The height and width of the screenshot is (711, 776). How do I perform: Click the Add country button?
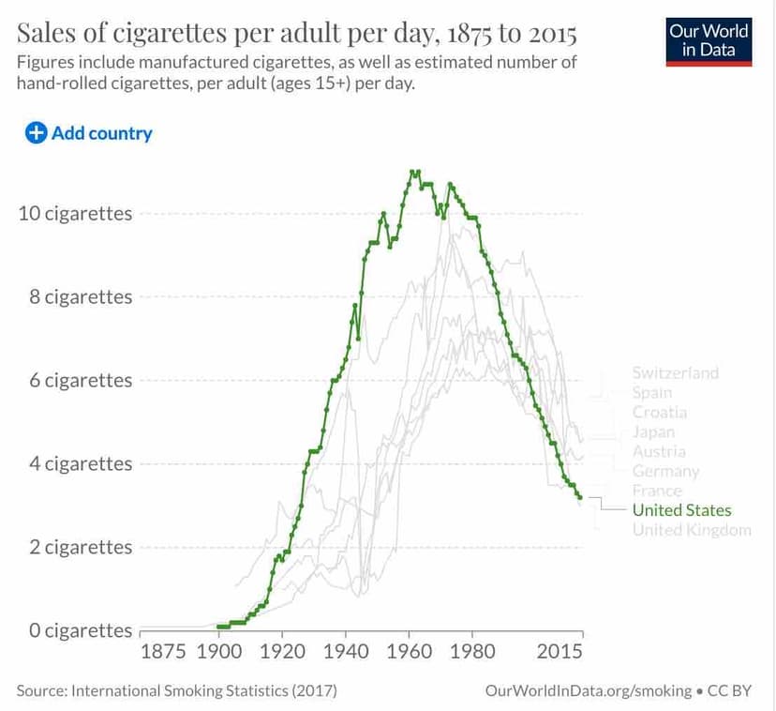89,133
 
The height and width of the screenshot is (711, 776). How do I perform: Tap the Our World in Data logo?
709,39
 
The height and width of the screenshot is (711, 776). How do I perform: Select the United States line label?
681,510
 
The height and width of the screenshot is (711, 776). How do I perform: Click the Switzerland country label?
676,372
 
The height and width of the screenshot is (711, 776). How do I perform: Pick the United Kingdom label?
692,530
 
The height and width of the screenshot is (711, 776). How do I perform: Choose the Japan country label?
653,431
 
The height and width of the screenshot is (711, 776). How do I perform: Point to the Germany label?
665,471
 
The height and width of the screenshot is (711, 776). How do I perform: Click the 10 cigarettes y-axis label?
76,213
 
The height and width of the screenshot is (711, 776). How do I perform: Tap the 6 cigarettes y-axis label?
81,380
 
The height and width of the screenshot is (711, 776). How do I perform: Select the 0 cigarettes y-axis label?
81,630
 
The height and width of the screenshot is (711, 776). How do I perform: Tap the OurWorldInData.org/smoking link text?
589,691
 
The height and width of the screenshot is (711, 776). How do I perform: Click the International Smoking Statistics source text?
176,691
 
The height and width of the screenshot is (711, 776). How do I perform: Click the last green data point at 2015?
580,497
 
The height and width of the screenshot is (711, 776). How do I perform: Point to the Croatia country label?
659,412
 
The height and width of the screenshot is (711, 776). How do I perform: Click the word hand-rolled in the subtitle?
59,83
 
